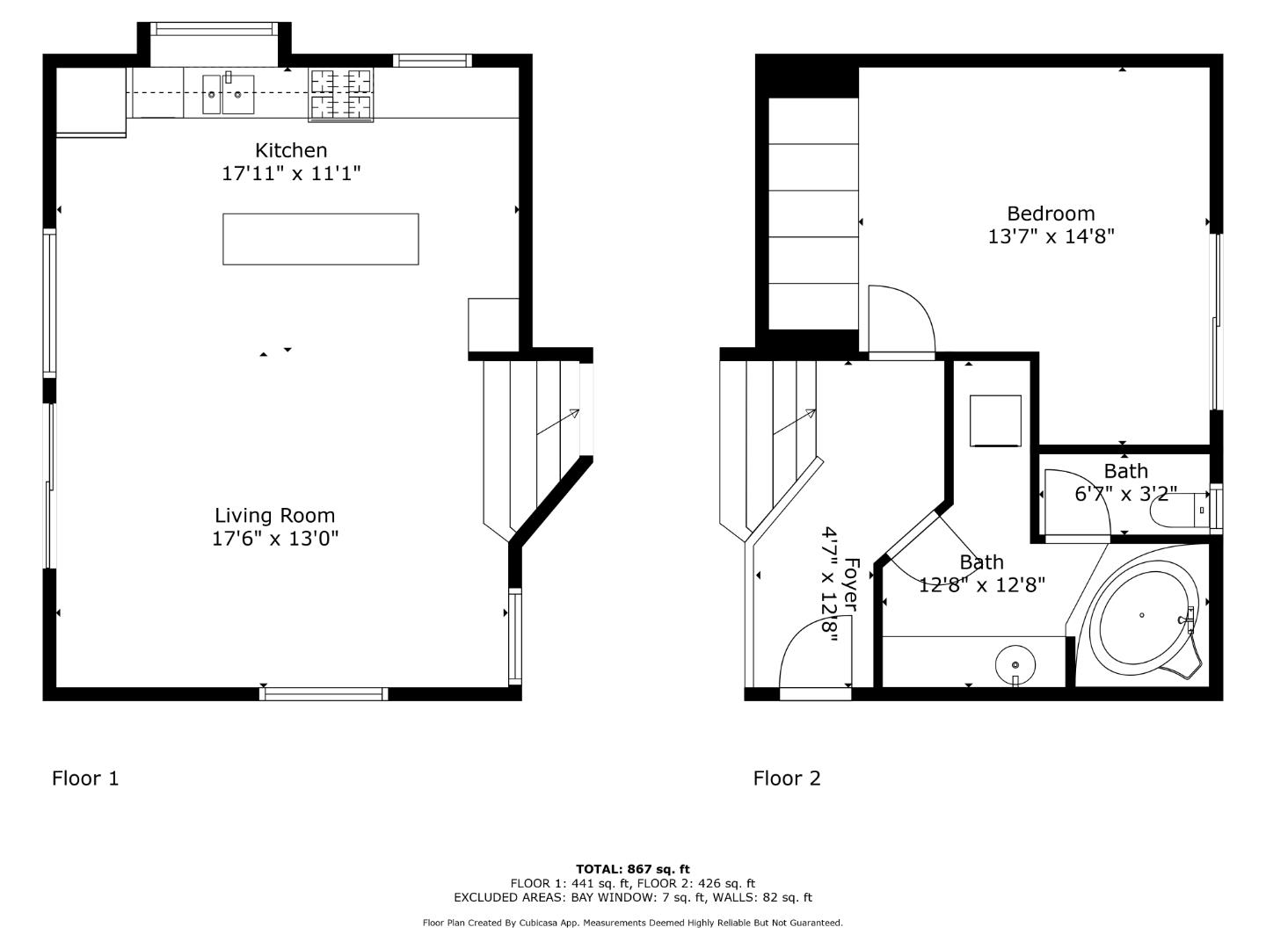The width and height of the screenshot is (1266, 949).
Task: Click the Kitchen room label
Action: [x=291, y=150]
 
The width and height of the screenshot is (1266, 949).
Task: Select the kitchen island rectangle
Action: [x=320, y=239]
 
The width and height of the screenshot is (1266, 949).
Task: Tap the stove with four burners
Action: [x=341, y=95]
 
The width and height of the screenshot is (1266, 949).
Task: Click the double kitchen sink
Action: [x=228, y=95]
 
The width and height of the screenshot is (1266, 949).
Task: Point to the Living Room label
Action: [x=274, y=516]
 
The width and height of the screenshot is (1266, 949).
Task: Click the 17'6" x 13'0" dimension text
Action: [x=274, y=539]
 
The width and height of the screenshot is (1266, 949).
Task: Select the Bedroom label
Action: [x=1051, y=214]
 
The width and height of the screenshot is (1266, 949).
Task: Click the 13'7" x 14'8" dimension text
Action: [x=1051, y=236]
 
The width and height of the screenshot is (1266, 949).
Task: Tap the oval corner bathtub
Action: [x=1140, y=616]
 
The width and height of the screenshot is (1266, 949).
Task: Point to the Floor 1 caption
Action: [x=85, y=779]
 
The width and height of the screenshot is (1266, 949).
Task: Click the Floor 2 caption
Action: [x=787, y=779]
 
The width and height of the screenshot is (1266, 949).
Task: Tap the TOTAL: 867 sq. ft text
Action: [x=632, y=869]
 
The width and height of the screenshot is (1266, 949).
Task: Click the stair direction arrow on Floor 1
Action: [x=558, y=422]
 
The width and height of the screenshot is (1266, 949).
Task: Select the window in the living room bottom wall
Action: [x=324, y=693]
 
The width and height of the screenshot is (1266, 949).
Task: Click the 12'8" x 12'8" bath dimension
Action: [x=981, y=585]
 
